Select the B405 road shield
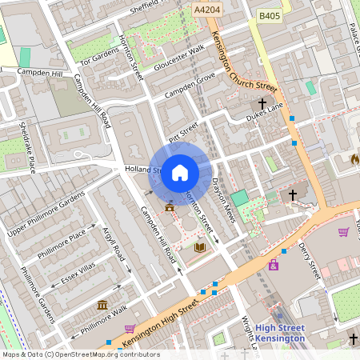(x=269, y=15)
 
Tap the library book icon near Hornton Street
(x=199, y=248)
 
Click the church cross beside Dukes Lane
(x=262, y=103)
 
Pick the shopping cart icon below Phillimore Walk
(x=130, y=328)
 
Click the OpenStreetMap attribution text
(x=81, y=354)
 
